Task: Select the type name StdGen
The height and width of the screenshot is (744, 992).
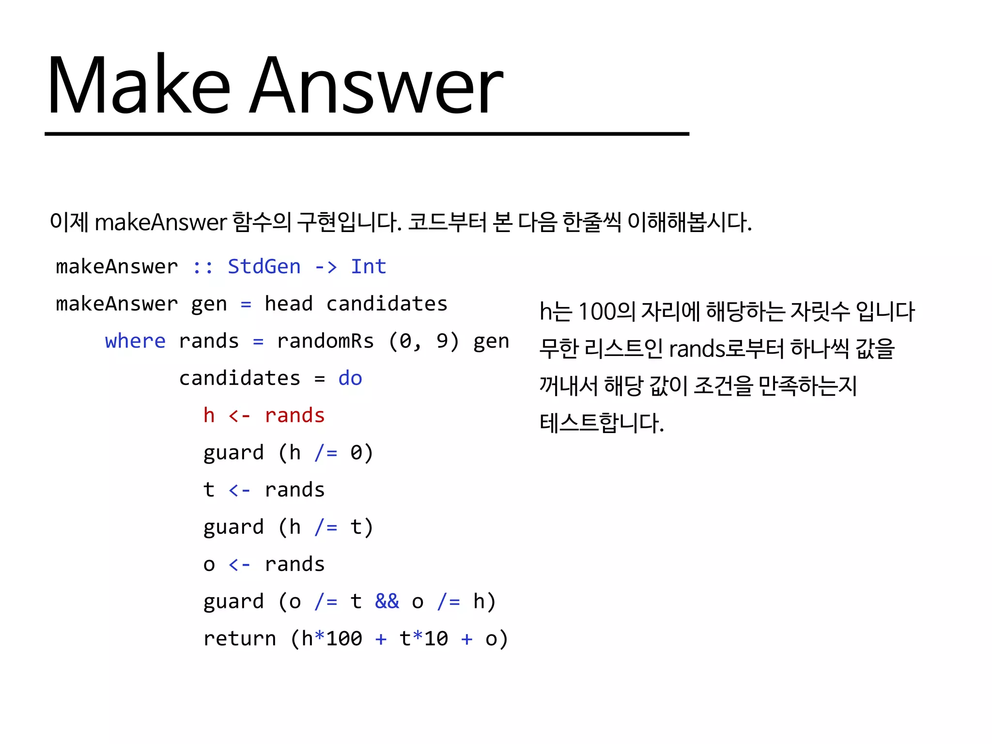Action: (264, 267)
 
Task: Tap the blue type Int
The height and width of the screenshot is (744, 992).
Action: (368, 267)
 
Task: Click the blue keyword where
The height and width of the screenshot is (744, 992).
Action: (135, 341)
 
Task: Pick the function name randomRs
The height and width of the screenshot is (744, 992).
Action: (325, 341)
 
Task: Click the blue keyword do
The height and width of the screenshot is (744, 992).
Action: (350, 378)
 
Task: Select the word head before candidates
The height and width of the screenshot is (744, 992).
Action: (288, 304)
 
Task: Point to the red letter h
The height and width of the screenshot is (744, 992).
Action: (209, 416)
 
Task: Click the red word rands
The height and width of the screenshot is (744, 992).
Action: (294, 416)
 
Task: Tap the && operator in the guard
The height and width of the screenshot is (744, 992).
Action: (387, 602)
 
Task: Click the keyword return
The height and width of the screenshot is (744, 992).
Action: (239, 639)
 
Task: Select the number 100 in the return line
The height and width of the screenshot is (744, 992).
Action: (344, 639)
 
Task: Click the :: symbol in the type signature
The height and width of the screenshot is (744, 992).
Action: (202, 267)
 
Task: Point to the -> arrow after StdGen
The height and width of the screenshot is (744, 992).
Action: (325, 267)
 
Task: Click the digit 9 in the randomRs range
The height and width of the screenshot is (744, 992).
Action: (442, 341)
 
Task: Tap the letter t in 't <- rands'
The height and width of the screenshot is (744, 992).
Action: (209, 490)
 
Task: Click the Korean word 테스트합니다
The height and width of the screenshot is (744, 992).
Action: (601, 423)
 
